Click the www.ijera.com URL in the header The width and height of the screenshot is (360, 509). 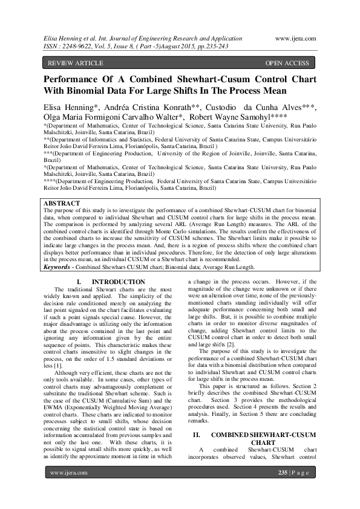[x=295, y=38]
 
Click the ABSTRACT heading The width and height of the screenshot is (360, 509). [x=62, y=203]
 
